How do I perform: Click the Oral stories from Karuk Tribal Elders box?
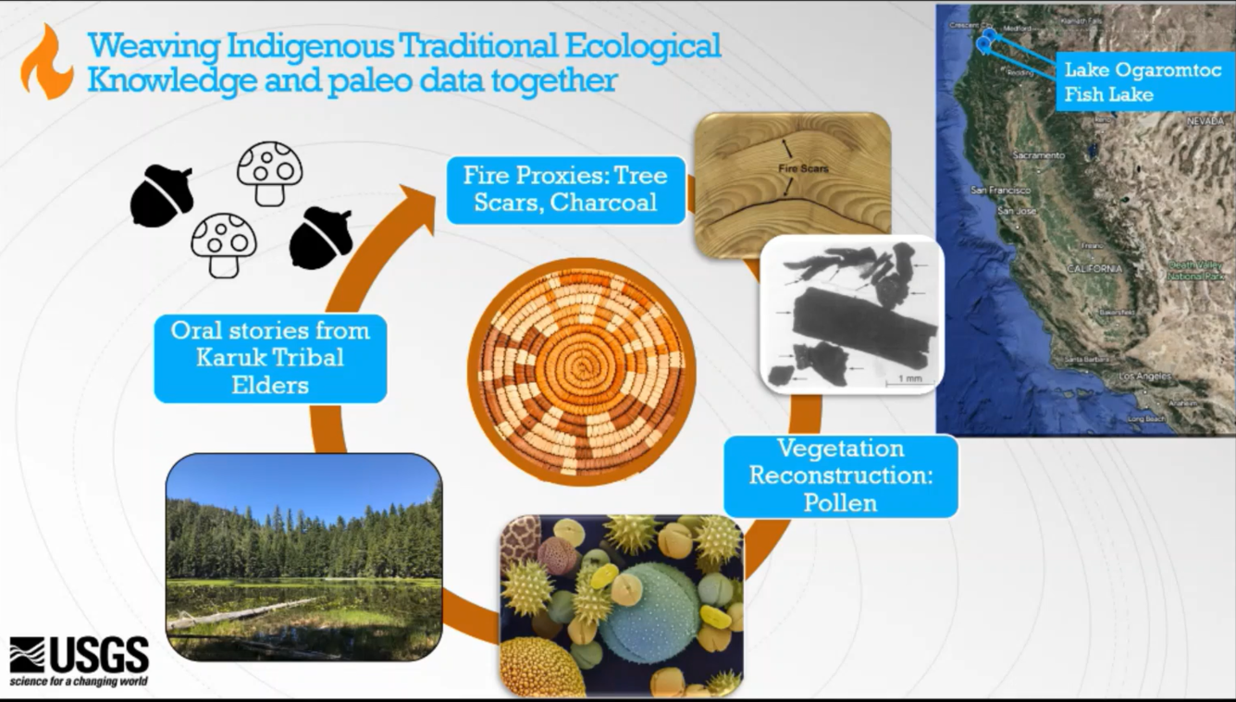[x=270, y=357]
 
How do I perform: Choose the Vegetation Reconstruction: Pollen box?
[x=839, y=475]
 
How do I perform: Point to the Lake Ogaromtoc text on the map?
[x=1143, y=70]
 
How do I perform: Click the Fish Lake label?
[x=1108, y=94]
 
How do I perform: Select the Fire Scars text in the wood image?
[x=802, y=168]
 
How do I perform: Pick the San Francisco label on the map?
[x=1000, y=190]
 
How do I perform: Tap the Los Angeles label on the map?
[x=1144, y=376]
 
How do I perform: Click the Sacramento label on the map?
[x=1038, y=155]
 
